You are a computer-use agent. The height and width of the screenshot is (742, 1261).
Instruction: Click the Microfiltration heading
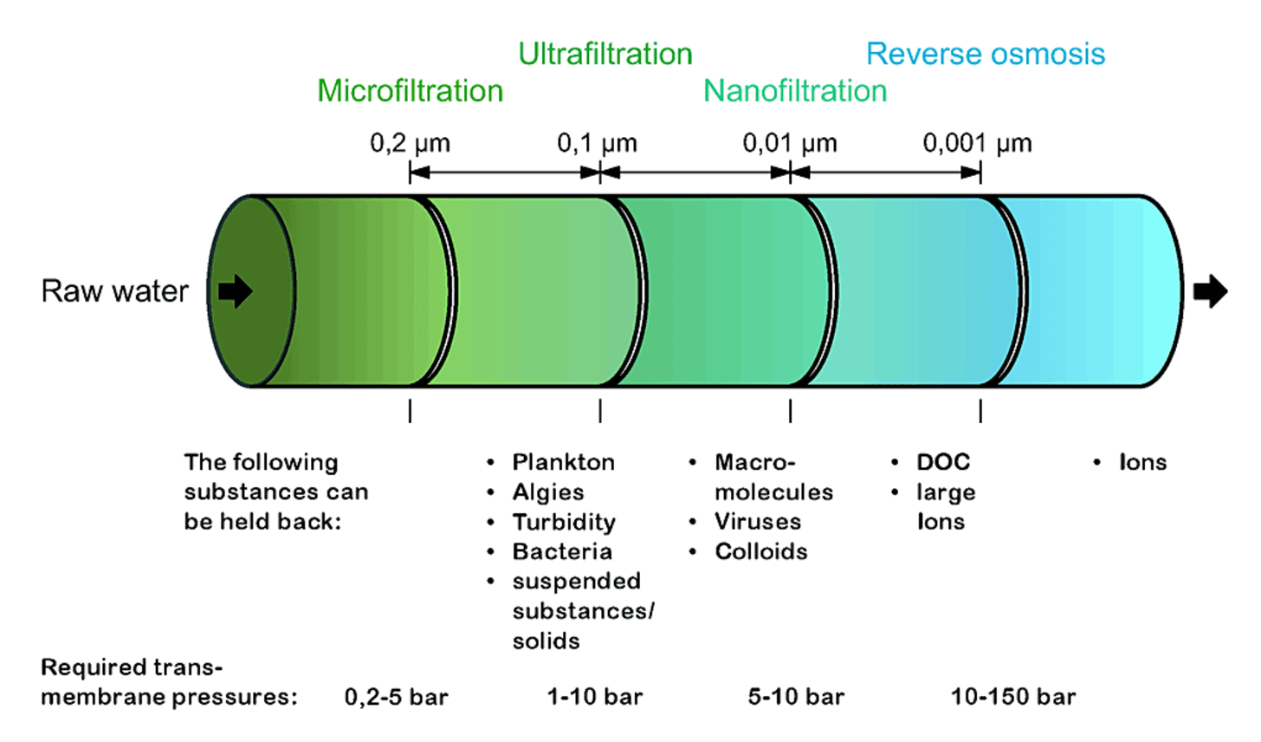pos(410,91)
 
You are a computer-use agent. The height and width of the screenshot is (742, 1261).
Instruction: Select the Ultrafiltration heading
pos(605,54)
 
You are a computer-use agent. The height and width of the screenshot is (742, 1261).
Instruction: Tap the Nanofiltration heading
pos(795,91)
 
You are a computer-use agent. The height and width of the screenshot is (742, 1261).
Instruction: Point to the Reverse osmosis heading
pos(986,54)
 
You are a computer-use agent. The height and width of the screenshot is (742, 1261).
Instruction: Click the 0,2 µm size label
pos(410,143)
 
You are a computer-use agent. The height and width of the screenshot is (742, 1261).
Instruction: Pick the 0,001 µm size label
pos(977,143)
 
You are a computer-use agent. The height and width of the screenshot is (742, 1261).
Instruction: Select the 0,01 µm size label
pos(790,143)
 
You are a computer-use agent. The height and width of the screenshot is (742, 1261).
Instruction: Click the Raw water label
pos(114,291)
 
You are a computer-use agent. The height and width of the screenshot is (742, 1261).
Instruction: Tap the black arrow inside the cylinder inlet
pos(235,291)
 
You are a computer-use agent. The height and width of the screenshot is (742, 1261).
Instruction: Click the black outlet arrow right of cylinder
pos(1210,291)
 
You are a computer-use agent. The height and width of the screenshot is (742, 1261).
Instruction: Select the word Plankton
pos(563,462)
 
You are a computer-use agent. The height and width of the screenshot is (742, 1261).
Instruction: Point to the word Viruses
pos(758,522)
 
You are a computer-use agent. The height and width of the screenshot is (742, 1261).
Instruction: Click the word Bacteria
pos(562,551)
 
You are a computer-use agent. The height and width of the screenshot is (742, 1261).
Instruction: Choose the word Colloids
pos(760,551)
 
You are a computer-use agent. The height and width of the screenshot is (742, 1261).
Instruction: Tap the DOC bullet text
pos(943,462)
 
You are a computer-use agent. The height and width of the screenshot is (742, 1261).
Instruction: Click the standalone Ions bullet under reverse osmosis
pos(1142,462)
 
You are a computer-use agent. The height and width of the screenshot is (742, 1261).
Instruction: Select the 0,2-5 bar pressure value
pos(396,697)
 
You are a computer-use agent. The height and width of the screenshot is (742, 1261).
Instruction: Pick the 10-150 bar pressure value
pos(1013,697)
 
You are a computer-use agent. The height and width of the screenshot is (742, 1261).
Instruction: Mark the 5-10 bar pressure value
pos(796,697)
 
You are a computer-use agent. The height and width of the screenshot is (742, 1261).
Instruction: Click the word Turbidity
pos(564,522)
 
